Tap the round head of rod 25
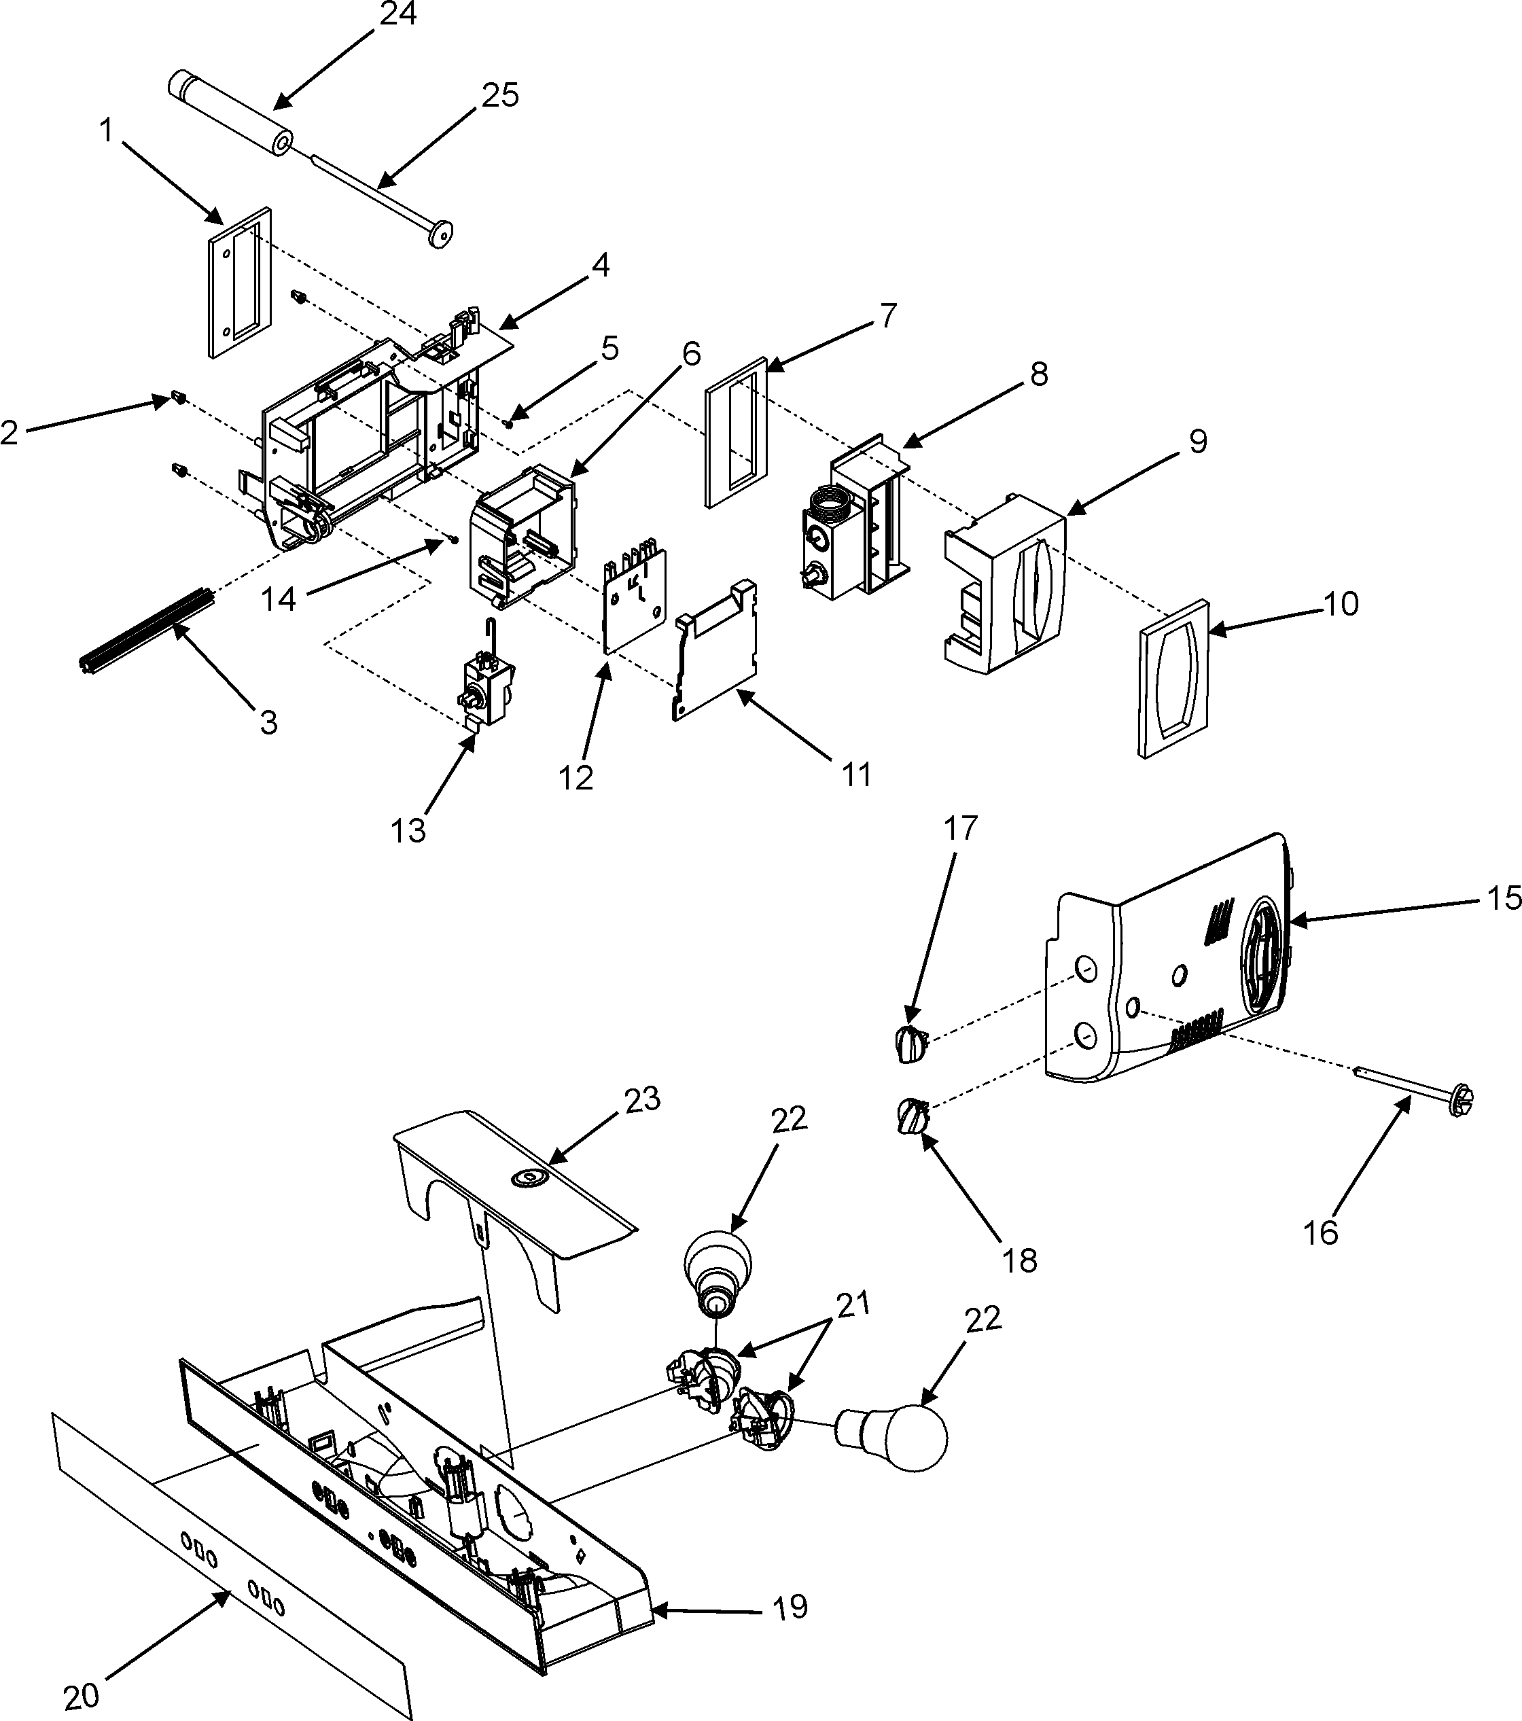point(437,233)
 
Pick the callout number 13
point(408,831)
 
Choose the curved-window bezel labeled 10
point(1174,679)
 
